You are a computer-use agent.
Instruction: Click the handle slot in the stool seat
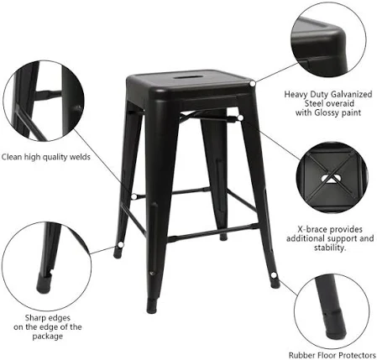point(186,76)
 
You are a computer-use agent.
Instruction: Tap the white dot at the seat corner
point(253,83)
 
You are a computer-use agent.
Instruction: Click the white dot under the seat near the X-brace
point(240,117)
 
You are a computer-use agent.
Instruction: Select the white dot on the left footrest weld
point(134,196)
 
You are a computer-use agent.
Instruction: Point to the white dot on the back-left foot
point(121,245)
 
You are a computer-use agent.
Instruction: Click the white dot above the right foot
point(274,275)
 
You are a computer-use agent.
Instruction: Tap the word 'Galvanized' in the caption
point(352,95)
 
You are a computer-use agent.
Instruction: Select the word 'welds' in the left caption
point(80,157)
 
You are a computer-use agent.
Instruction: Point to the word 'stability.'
point(330,248)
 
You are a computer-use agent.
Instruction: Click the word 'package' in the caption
point(48,337)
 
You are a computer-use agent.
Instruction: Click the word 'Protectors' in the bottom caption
point(355,355)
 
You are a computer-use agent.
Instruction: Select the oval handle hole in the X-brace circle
point(331,179)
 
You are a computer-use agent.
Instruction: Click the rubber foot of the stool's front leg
point(152,306)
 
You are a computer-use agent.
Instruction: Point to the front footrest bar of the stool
point(213,232)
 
